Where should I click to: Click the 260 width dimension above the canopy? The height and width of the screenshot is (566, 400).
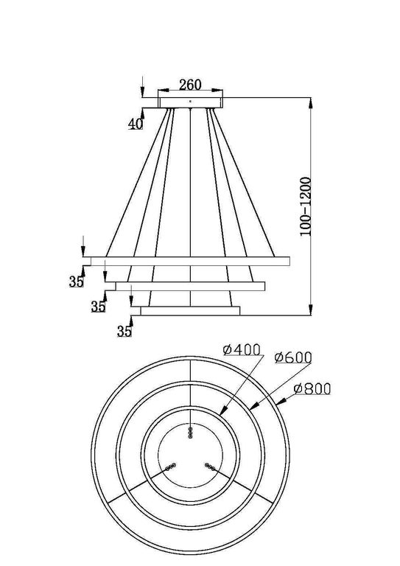pyautogui.click(x=189, y=83)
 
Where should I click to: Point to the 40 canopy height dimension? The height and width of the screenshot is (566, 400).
pyautogui.click(x=136, y=123)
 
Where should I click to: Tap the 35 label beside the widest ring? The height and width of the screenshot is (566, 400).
pyautogui.click(x=77, y=281)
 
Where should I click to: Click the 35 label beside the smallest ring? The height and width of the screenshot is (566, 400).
pyautogui.click(x=124, y=332)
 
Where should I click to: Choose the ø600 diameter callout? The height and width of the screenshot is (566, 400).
pyautogui.click(x=293, y=357)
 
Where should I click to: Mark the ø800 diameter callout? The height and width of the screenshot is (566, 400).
pyautogui.click(x=312, y=388)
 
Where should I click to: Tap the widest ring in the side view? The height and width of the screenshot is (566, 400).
pyautogui.click(x=188, y=261)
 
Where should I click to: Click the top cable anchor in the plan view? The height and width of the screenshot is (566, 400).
pyautogui.click(x=191, y=433)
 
